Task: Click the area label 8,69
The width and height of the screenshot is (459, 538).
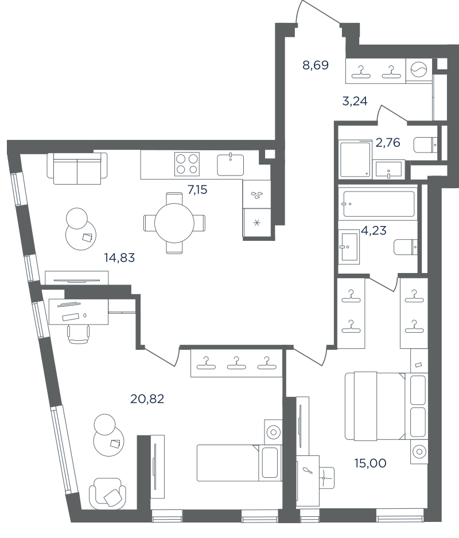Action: pos(316,65)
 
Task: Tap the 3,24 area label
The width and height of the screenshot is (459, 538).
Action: pos(355,101)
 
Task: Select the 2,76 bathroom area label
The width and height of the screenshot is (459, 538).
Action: pos(388,142)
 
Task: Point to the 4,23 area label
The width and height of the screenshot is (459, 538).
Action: pos(374,230)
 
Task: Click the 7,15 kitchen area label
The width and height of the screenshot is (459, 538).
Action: pos(197,189)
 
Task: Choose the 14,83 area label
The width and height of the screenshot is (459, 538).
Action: pos(119,258)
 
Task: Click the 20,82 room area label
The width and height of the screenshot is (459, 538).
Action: pos(147,399)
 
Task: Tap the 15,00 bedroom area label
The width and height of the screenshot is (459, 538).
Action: pos(371,463)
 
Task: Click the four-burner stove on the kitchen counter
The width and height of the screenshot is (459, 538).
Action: pos(187,164)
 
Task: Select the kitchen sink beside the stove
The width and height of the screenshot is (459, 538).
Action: pos(230,165)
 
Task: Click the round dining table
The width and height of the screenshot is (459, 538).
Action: pos(174,223)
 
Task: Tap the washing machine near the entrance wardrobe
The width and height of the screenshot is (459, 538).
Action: pos(419,71)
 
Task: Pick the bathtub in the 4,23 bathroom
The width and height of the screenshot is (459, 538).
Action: pos(378,204)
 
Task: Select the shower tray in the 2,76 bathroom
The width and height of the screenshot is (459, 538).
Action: pos(356,159)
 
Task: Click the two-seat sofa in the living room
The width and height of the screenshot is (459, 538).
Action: pos(77,168)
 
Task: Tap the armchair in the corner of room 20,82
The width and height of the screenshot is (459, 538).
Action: pos(107,493)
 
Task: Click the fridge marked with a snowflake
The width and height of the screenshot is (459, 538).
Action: pos(257,223)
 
